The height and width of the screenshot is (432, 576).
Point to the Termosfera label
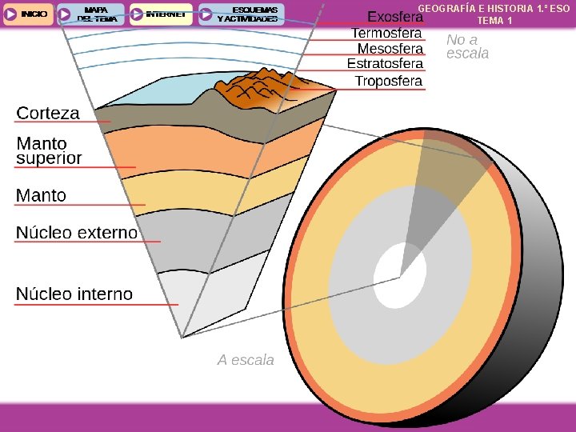386,33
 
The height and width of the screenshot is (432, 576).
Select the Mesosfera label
390,49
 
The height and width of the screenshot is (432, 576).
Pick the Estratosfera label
385,64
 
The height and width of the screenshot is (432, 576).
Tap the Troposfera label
388,81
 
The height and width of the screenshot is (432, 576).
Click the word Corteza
48,114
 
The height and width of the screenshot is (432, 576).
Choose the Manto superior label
49,150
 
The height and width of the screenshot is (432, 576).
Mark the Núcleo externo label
77,233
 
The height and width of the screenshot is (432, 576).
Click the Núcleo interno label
74,294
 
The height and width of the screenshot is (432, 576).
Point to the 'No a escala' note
466,46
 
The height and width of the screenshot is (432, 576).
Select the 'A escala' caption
246,360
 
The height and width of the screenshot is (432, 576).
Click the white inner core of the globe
400,276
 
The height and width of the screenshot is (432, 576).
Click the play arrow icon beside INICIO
10,14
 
